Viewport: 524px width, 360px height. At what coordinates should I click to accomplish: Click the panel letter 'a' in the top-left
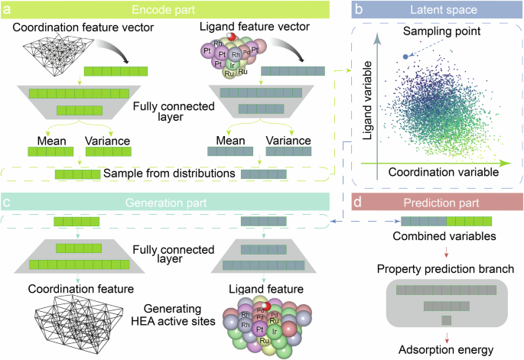coord(6,8)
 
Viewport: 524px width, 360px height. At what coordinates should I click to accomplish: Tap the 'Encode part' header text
coord(165,9)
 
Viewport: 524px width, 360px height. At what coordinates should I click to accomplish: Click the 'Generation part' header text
coord(165,203)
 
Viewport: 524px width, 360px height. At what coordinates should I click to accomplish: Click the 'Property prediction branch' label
coord(439,269)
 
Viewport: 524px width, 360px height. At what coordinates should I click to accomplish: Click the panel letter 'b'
coord(357,8)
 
